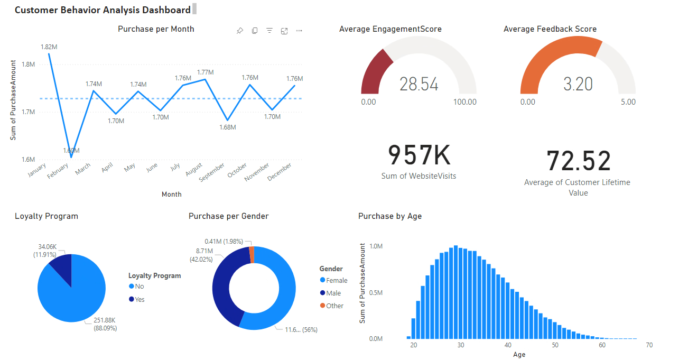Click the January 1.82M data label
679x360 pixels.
pyautogui.click(x=49, y=47)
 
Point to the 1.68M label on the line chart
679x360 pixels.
pyautogui.click(x=228, y=127)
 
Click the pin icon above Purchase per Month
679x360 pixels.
pyautogui.click(x=240, y=31)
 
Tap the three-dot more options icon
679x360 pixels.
pyautogui.click(x=299, y=31)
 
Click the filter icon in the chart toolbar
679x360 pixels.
pyautogui.click(x=269, y=31)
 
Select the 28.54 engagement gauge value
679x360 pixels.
pyautogui.click(x=418, y=84)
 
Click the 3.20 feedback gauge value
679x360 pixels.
pyautogui.click(x=578, y=84)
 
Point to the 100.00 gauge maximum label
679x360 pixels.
pyautogui.click(x=465, y=102)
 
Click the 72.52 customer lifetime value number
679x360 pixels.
pyautogui.click(x=578, y=161)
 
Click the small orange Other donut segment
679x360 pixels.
pyautogui.click(x=252, y=255)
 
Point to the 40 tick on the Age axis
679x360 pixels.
pyautogui.click(x=508, y=345)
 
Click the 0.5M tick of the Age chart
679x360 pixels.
pyautogui.click(x=375, y=292)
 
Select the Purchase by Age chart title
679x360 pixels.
pyautogui.click(x=390, y=216)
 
